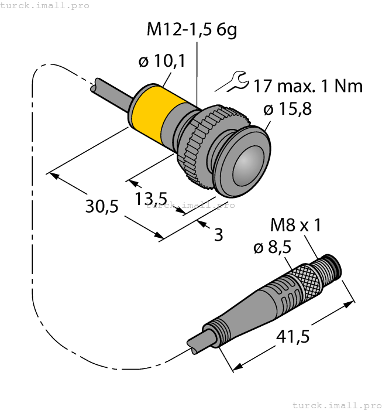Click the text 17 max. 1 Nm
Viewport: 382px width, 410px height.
[308, 87]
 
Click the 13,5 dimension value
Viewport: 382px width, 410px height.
[152, 199]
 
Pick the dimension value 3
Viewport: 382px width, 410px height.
[218, 235]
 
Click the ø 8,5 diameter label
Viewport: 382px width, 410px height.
[272, 248]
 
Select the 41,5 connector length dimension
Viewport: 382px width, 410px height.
[292, 337]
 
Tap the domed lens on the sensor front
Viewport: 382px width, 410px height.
[250, 165]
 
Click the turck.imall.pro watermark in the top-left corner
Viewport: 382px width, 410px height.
[45, 5]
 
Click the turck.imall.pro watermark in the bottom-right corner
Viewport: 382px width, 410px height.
[336, 405]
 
